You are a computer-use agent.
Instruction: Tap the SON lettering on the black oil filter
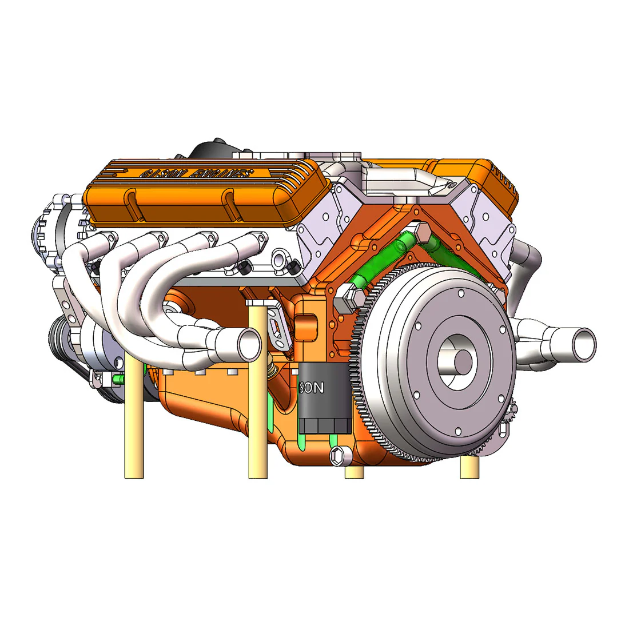[312, 388]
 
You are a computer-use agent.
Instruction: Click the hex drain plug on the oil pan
[339, 455]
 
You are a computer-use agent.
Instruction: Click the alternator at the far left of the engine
[49, 229]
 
